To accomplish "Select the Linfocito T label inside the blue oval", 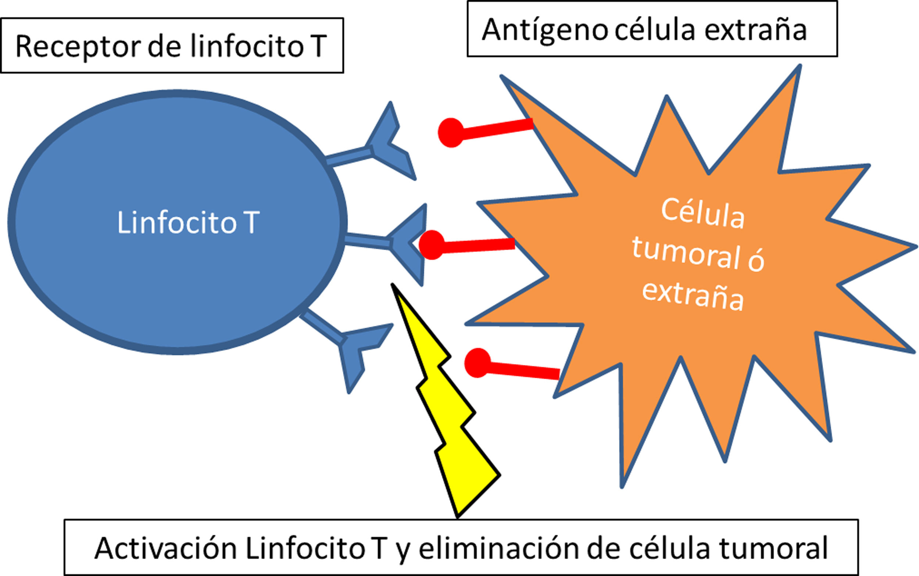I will [x=188, y=223].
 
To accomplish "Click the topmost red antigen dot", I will [x=451, y=132].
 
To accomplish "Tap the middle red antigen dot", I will [x=432, y=245].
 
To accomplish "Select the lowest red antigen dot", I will [x=478, y=363].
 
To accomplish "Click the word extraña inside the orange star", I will [x=693, y=297].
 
